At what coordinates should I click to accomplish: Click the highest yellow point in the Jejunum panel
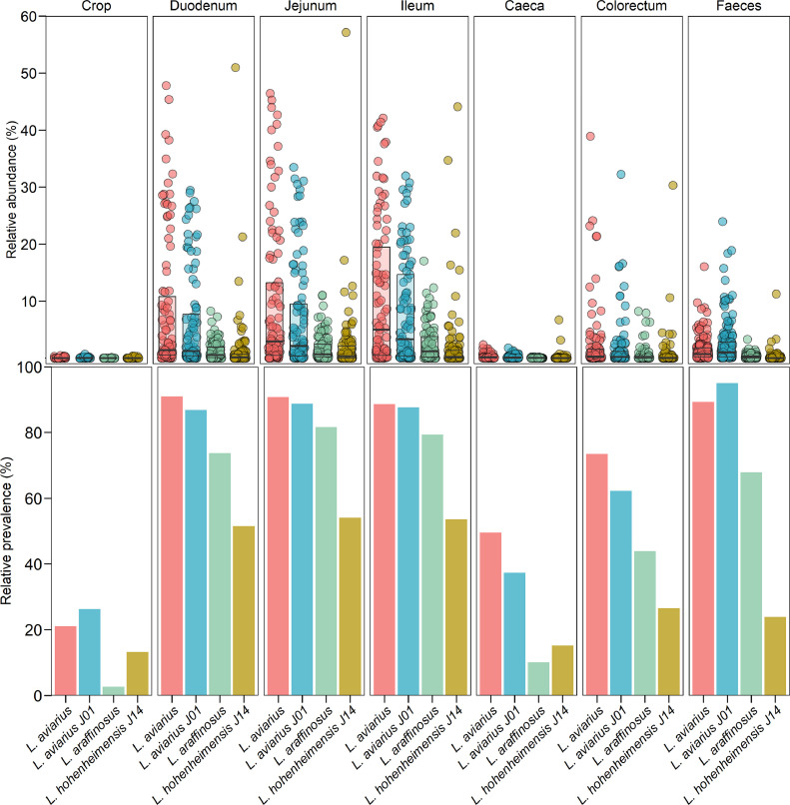tap(346, 32)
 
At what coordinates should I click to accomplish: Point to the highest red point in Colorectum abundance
tap(590, 137)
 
